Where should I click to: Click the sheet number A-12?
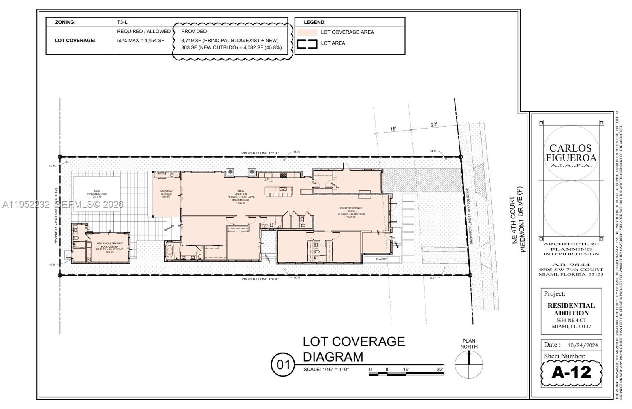(x=571, y=372)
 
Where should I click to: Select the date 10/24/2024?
(x=583, y=345)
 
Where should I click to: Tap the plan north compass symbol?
(x=469, y=364)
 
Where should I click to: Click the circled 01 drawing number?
(x=283, y=365)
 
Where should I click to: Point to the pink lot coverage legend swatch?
(x=307, y=32)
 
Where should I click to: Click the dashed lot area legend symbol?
(x=307, y=43)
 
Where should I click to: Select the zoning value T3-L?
(x=122, y=22)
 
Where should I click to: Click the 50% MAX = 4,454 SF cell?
(x=141, y=41)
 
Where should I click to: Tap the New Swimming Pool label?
(x=97, y=193)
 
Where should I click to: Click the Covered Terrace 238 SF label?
(x=166, y=194)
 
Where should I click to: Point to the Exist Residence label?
(x=351, y=212)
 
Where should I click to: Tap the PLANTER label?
(x=382, y=259)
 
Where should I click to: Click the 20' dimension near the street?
(x=434, y=125)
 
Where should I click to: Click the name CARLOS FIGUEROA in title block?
(x=571, y=153)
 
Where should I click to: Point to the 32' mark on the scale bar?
(x=440, y=370)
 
